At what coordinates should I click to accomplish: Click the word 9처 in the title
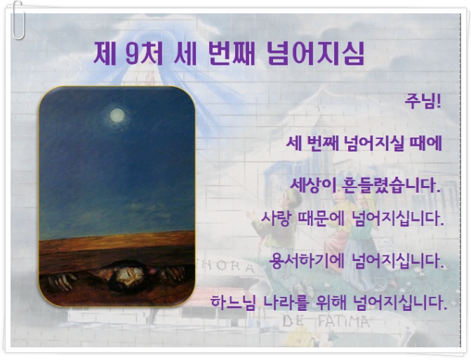point(144,53)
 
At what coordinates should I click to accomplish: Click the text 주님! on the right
point(423,101)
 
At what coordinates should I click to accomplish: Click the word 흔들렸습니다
point(391,185)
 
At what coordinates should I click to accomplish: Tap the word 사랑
point(275,218)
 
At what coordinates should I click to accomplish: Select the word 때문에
point(321,218)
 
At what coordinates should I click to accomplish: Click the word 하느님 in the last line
point(233,302)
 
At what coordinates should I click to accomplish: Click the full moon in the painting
point(117,115)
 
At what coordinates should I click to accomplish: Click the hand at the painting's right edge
point(173,272)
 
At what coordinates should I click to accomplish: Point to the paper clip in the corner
point(18,20)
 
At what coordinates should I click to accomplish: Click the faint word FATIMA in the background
point(343,322)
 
